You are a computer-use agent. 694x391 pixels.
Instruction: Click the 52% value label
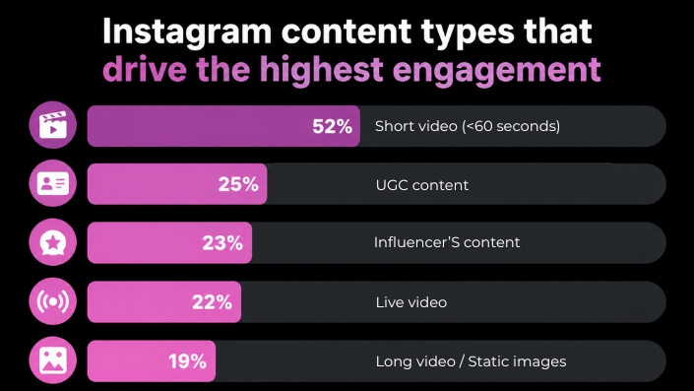click(x=332, y=126)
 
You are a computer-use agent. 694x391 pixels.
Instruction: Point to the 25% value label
click(x=238, y=184)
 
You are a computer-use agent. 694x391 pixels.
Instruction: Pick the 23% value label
click(x=222, y=243)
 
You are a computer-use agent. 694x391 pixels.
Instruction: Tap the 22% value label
click(x=212, y=302)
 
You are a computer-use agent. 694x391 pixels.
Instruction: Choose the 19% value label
click(x=188, y=361)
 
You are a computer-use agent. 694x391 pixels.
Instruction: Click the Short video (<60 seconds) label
click(x=468, y=126)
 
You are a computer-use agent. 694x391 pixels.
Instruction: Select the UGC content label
click(x=421, y=184)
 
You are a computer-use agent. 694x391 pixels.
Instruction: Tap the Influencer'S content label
click(x=447, y=242)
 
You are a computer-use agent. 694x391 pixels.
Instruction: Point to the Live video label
click(x=411, y=302)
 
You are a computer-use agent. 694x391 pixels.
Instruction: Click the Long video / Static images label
click(x=471, y=361)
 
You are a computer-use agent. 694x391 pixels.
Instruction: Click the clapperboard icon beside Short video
click(x=53, y=125)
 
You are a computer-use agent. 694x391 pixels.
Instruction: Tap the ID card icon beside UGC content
click(x=53, y=183)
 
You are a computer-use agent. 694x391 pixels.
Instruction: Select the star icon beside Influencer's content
click(x=53, y=242)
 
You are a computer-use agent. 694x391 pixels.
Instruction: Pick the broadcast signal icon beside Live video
click(x=53, y=301)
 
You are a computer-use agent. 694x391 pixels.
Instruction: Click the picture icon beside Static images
click(x=53, y=360)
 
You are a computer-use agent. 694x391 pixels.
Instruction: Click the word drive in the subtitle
click(x=145, y=70)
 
